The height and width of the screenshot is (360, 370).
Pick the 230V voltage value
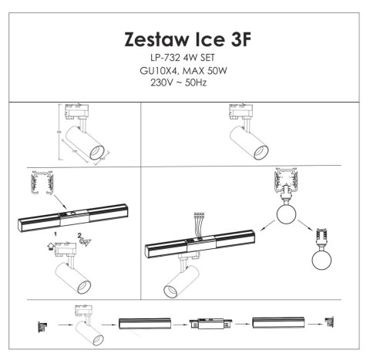[x=164, y=81]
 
